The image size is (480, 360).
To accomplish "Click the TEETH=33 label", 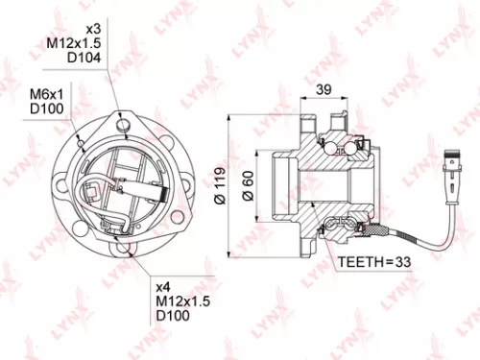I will click(373, 261).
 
